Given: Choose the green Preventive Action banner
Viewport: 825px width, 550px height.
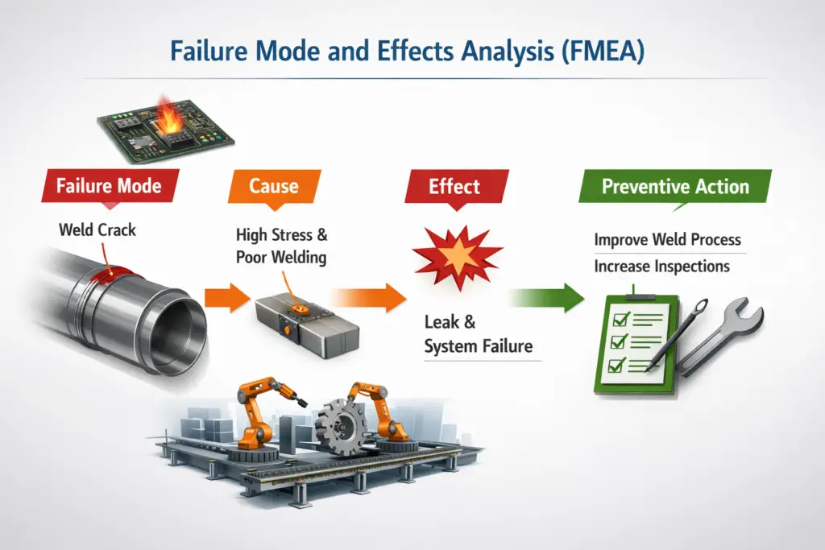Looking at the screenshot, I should (x=675, y=188).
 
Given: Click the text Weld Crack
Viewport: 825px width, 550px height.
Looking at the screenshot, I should (x=97, y=230).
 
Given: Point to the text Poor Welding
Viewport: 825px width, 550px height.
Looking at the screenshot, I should (x=281, y=258).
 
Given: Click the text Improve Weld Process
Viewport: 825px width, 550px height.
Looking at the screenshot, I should (x=667, y=240).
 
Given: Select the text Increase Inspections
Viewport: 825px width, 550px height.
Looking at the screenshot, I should (x=661, y=266).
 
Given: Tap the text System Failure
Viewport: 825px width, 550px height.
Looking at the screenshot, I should (x=478, y=347).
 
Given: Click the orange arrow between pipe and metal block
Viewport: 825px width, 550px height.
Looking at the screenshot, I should (x=225, y=297).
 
